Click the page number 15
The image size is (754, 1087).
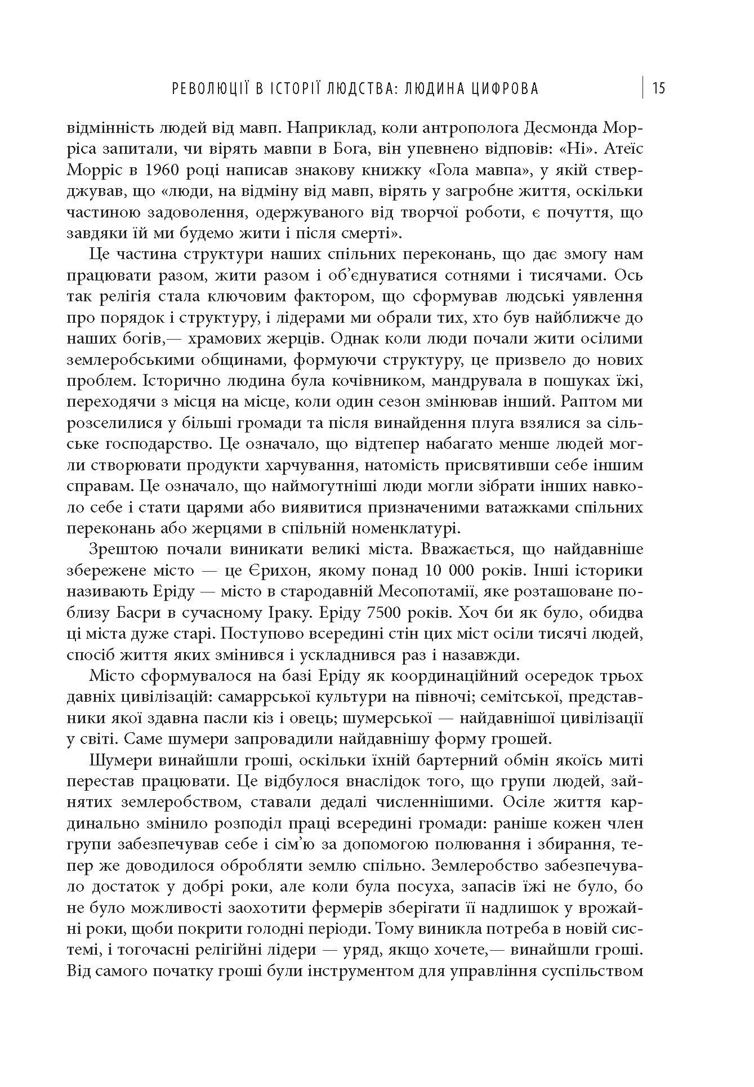[659, 88]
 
